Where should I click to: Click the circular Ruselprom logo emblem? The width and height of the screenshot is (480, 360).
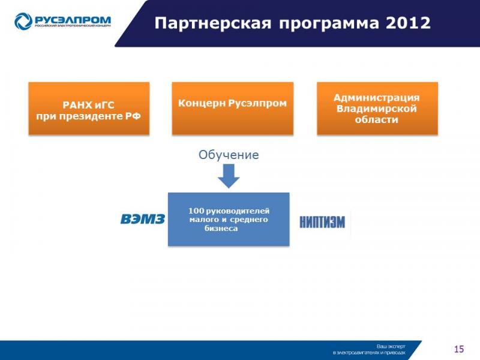[23, 22]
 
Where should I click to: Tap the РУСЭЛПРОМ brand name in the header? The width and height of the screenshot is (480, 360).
[73, 20]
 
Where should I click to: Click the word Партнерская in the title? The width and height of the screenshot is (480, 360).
[213, 23]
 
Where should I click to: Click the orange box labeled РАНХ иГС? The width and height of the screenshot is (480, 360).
[89, 109]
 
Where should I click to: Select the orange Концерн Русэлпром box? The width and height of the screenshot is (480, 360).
[233, 109]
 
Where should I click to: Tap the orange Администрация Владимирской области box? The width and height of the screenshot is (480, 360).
[377, 109]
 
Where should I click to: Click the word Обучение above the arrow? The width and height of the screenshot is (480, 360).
[229, 155]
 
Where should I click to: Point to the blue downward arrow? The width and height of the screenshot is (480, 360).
[229, 176]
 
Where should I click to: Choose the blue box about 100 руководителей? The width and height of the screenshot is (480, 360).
[229, 219]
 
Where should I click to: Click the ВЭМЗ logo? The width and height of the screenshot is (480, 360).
[143, 219]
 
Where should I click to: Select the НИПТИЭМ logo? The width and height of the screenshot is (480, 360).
[322, 222]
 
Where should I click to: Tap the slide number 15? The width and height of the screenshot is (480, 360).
[459, 349]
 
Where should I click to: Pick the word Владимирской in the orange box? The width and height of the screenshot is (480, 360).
[377, 109]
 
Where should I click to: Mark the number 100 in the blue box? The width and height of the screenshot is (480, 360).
[196, 211]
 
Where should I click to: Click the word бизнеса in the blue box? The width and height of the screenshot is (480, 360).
[221, 229]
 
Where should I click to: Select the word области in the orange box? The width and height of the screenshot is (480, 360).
[377, 119]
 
